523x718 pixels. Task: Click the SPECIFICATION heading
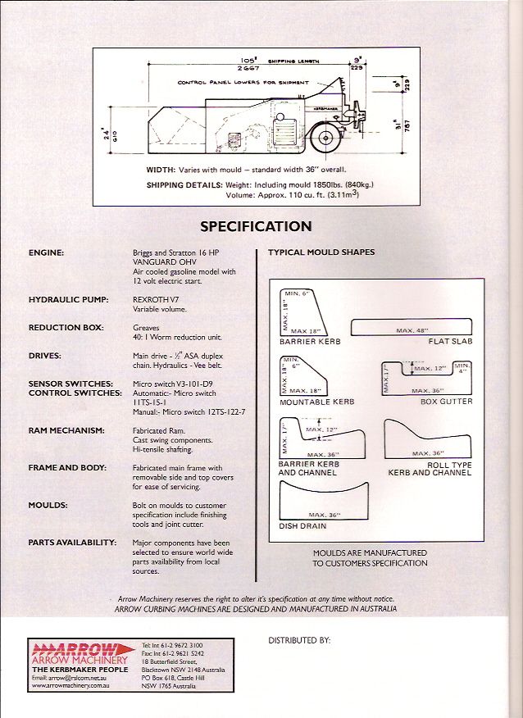256,226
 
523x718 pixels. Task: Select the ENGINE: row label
47,253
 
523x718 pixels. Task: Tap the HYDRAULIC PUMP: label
69,300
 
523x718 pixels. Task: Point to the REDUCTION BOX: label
66,328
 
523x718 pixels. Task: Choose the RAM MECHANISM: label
66,430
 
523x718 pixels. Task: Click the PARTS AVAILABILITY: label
72,543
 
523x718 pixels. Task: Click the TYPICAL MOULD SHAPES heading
321,252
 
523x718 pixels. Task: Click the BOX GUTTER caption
446,402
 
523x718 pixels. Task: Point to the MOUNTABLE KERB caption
317,402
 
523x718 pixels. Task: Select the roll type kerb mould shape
427,442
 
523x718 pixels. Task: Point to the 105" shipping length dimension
245,61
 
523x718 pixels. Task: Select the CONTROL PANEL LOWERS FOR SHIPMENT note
243,83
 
